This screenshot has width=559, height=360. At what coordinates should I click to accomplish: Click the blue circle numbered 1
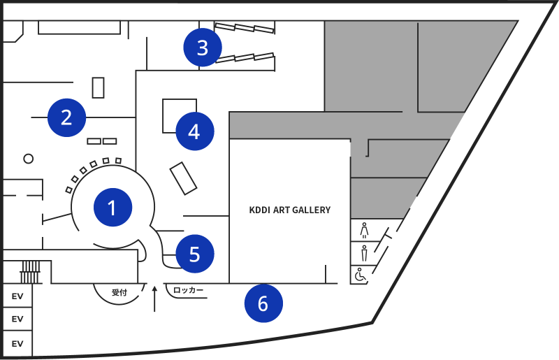pyautogui.click(x=112, y=208)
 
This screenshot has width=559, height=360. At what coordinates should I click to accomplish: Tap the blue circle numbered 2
pyautogui.click(x=66, y=117)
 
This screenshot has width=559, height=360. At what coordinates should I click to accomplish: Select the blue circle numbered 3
pyautogui.click(x=202, y=48)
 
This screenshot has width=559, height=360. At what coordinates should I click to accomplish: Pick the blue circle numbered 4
pyautogui.click(x=194, y=131)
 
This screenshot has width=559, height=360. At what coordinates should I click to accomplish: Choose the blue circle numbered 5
pyautogui.click(x=194, y=254)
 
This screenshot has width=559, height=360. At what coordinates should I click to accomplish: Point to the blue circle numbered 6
pyautogui.click(x=263, y=304)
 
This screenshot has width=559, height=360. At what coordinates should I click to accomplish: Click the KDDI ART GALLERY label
pyautogui.click(x=290, y=210)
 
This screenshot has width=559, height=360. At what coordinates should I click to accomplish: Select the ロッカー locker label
pyautogui.click(x=188, y=290)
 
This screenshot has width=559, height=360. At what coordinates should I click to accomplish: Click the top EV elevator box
pyautogui.click(x=17, y=296)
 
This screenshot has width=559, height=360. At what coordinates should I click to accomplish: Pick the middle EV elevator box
pyautogui.click(x=17, y=319)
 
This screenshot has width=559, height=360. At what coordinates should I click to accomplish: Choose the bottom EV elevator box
pyautogui.click(x=17, y=343)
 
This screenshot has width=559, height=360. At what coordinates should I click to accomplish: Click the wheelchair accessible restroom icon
pyautogui.click(x=361, y=275)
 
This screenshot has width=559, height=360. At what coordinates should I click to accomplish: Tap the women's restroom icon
pyautogui.click(x=364, y=230)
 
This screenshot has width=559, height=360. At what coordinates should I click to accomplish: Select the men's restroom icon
pyautogui.click(x=364, y=252)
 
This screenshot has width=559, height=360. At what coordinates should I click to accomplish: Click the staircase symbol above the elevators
pyautogui.click(x=30, y=267)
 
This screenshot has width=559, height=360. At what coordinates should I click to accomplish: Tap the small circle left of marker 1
pyautogui.click(x=29, y=159)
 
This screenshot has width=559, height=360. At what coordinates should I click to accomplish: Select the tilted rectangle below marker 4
pyautogui.click(x=184, y=178)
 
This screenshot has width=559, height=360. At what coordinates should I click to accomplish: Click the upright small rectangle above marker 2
pyautogui.click(x=98, y=87)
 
